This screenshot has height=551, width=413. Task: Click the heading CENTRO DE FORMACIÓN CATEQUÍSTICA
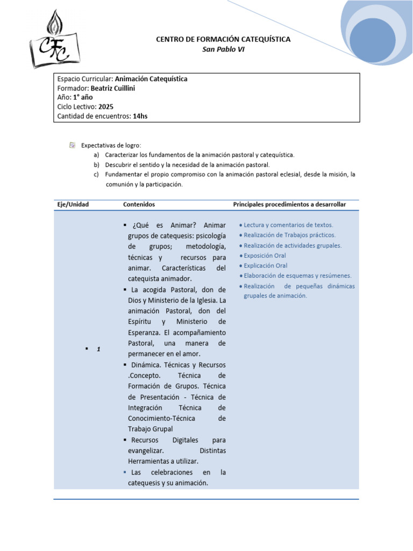click(223, 39)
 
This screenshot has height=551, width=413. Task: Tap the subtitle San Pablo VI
click(223, 50)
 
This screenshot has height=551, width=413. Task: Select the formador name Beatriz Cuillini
click(113, 88)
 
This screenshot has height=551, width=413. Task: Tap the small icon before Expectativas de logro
click(73, 145)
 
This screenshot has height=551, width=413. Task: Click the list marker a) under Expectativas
click(96, 155)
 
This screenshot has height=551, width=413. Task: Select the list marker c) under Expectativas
click(96, 174)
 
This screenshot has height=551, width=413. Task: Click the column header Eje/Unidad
click(73, 204)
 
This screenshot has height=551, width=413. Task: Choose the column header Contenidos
click(139, 204)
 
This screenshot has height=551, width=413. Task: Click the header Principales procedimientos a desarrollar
click(289, 204)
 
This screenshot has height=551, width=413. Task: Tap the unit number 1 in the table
click(99, 350)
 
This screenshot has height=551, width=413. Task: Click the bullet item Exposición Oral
click(265, 256)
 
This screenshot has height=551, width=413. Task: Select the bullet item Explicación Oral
click(266, 266)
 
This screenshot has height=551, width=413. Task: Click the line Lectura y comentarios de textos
click(288, 225)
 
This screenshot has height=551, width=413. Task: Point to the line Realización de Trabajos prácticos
click(289, 235)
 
